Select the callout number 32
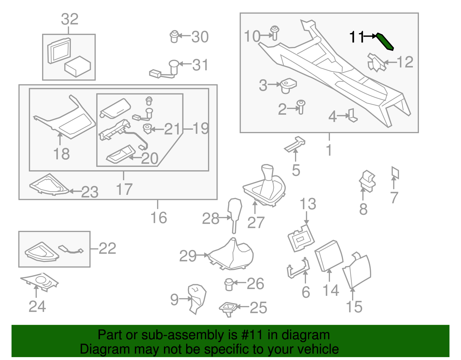(x=69, y=19)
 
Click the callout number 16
(x=159, y=218)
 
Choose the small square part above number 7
(x=395, y=172)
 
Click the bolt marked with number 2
(x=301, y=107)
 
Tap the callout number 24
(x=37, y=306)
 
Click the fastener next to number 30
(x=174, y=36)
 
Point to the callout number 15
(x=354, y=307)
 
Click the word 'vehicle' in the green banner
(x=318, y=349)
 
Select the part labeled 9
(x=197, y=298)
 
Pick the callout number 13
(x=308, y=204)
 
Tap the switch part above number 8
(x=367, y=181)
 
